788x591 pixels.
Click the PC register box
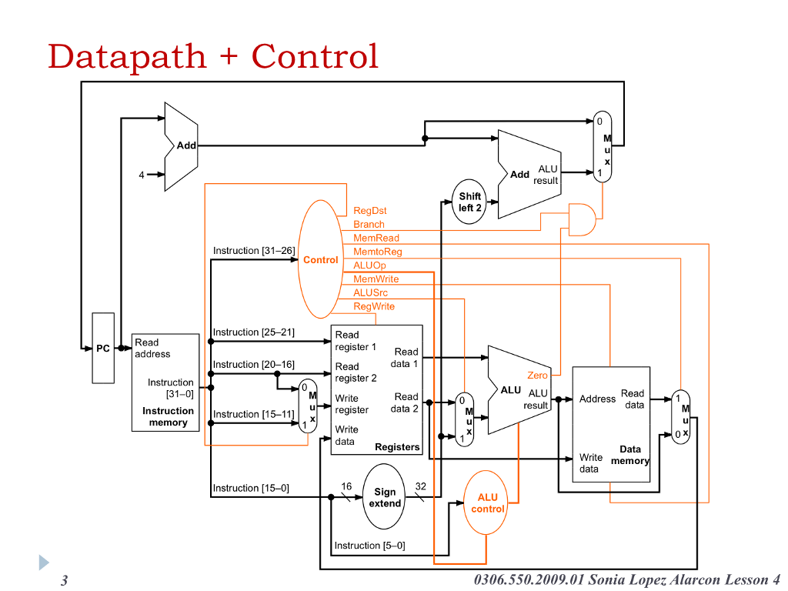[x=103, y=348]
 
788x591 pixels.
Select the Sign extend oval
[x=384, y=497]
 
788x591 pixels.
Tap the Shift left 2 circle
[x=469, y=202]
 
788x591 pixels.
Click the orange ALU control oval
[x=487, y=503]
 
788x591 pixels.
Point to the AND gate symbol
[x=581, y=219]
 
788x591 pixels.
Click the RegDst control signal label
[x=369, y=211]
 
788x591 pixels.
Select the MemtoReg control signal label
[x=377, y=252]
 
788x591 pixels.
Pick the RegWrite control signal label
[x=373, y=306]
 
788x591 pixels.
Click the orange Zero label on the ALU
[x=537, y=376]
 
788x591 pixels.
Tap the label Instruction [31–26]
[x=254, y=251]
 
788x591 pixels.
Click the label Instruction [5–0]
[x=369, y=546]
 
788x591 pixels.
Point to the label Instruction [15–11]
[x=253, y=414]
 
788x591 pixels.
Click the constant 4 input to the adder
[x=142, y=175]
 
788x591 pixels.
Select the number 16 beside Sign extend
[x=346, y=486]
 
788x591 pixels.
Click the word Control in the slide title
[x=315, y=56]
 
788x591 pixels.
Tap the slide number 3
[x=65, y=580]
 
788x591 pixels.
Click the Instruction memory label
[x=168, y=416]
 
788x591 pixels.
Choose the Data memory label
[x=629, y=455]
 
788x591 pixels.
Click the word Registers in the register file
[x=397, y=447]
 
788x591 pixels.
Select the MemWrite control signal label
[x=376, y=279]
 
